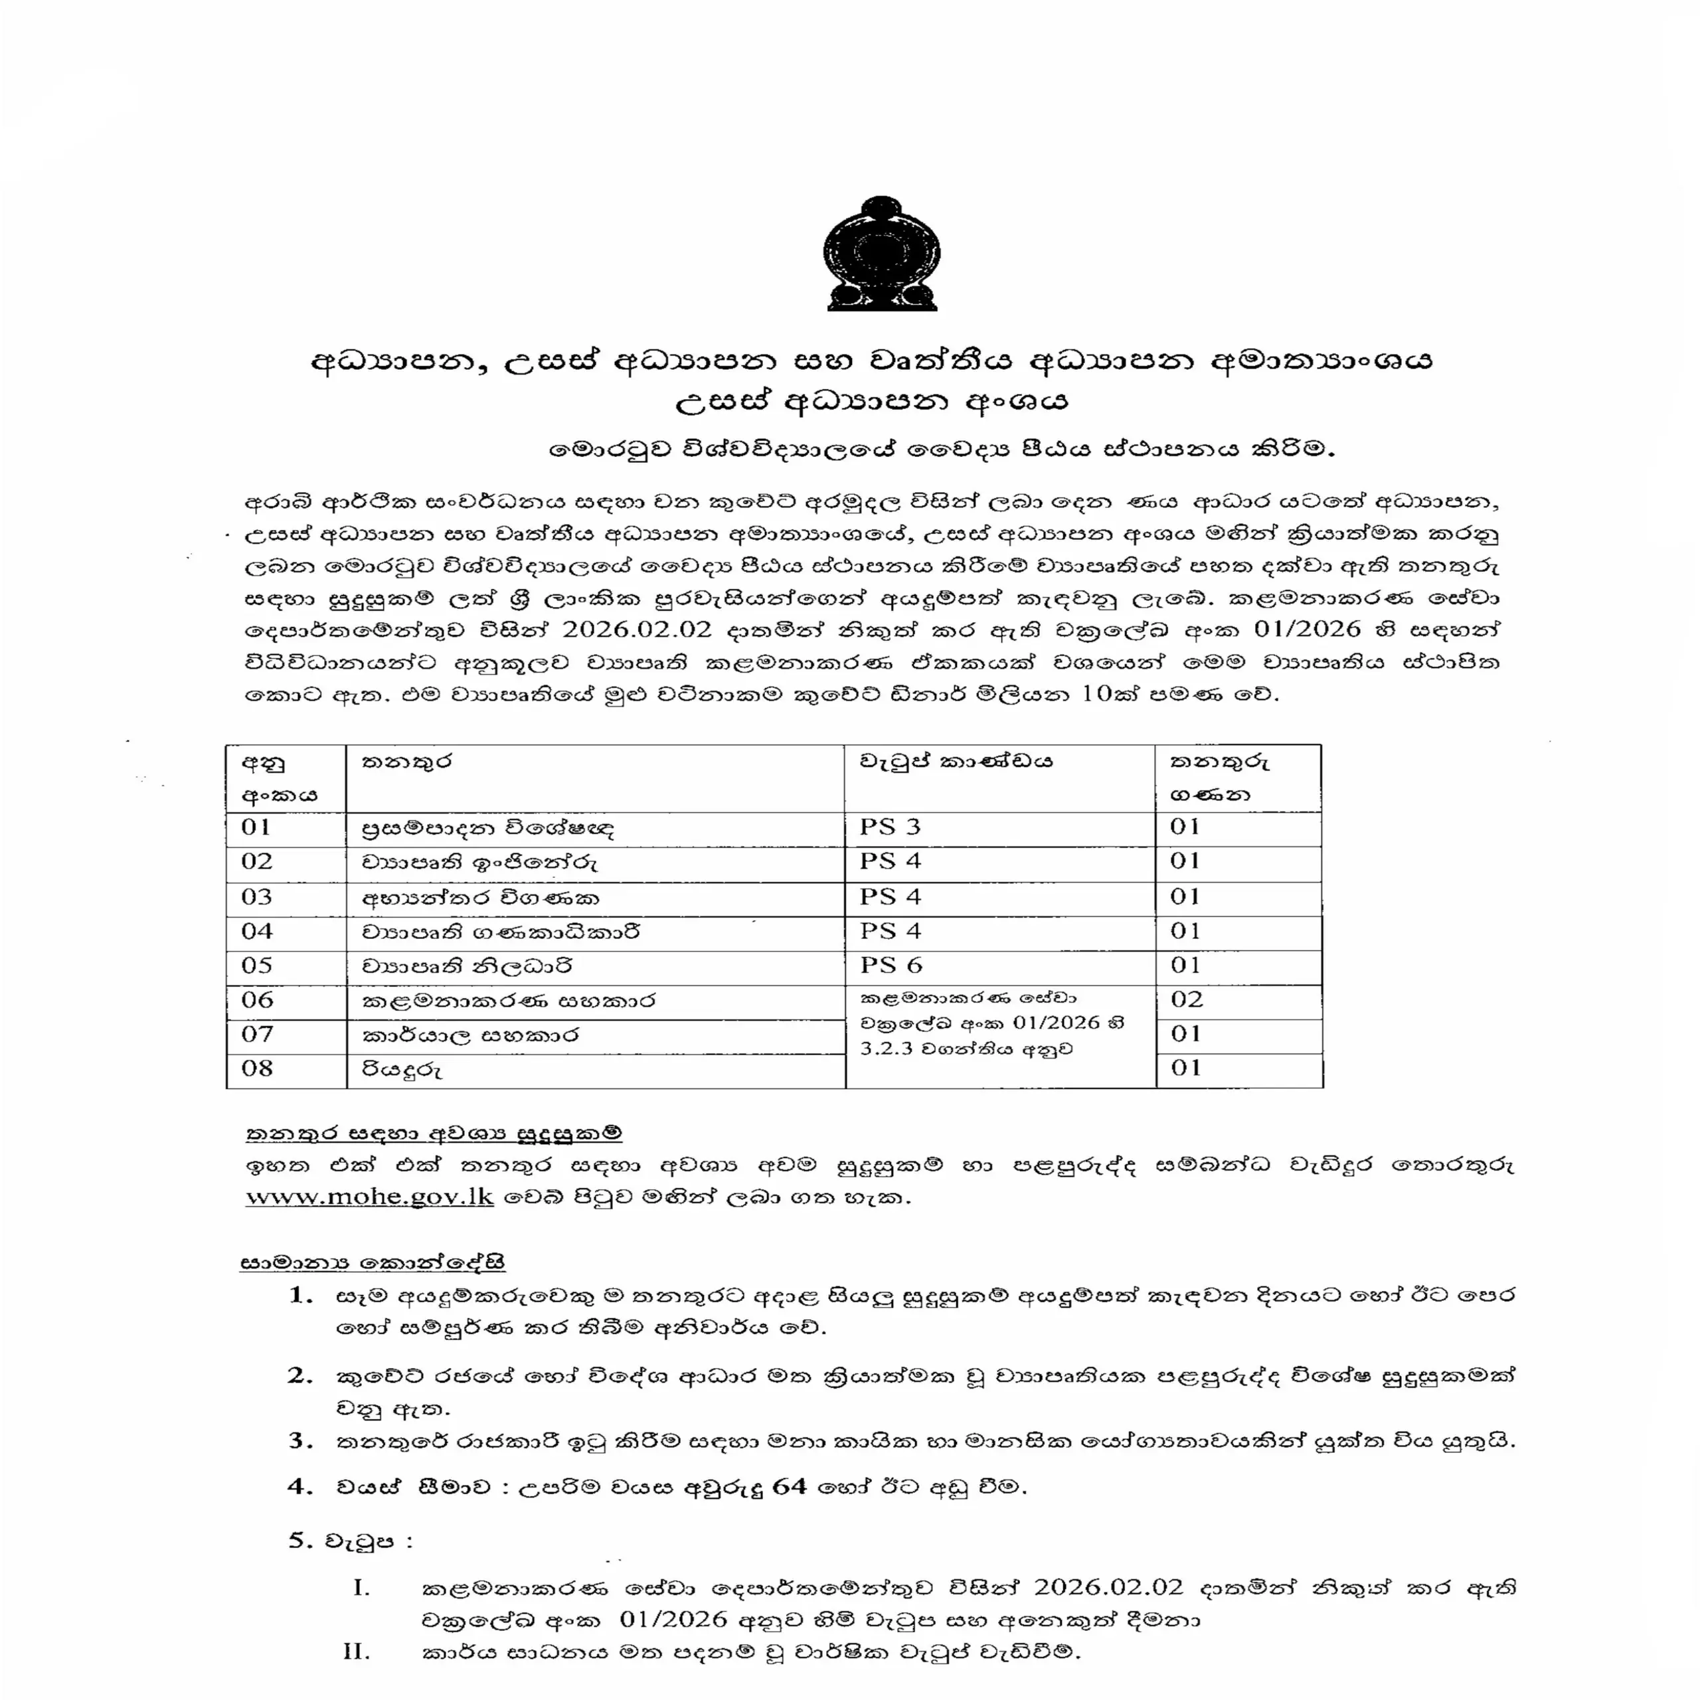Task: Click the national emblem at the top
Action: [882, 254]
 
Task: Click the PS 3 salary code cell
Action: [890, 827]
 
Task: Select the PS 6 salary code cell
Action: [891, 966]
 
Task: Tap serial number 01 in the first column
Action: [256, 827]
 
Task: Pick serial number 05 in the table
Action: [257, 966]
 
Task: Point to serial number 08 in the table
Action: [257, 1068]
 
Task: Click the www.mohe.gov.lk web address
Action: [370, 1197]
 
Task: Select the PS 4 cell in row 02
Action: [890, 861]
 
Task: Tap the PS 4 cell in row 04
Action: [890, 931]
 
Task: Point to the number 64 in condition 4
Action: [790, 1487]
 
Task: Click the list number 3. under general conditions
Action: [301, 1440]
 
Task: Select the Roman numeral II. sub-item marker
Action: [357, 1652]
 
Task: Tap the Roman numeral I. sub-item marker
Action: [361, 1588]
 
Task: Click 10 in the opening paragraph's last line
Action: [1097, 693]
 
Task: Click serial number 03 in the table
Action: [257, 896]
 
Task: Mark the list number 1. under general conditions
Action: [301, 1295]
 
